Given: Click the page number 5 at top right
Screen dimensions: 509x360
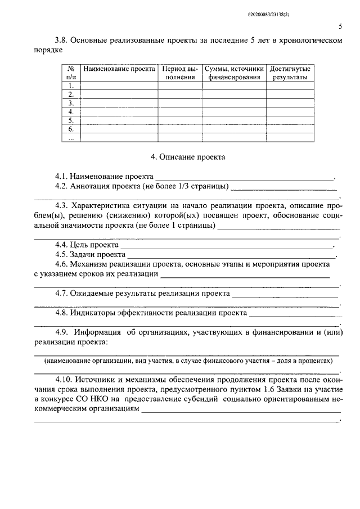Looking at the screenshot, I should (341, 26).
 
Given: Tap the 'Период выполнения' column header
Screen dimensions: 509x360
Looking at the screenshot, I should (180, 73).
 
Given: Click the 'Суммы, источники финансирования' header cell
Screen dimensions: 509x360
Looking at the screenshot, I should (234, 73).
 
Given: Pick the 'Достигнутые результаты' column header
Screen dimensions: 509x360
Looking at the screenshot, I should (290, 73).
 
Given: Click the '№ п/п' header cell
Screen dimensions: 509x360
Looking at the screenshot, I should (71, 73).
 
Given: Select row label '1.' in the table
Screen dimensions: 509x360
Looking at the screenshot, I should (71, 86).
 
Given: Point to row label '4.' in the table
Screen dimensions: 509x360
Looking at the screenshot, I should (71, 112).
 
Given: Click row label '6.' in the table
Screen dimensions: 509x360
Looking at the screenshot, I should (71, 129).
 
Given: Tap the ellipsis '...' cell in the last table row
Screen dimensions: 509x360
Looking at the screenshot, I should (71, 138).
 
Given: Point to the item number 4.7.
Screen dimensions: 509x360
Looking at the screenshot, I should (62, 294).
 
